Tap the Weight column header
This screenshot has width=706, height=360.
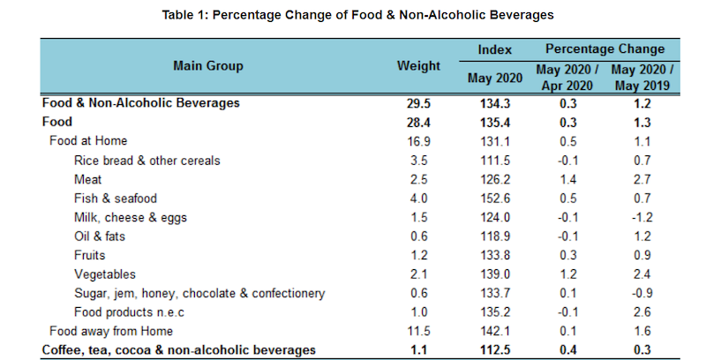tap(418, 65)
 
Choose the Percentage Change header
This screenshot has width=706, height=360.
tap(605, 49)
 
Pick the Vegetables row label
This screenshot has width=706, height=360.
tap(104, 274)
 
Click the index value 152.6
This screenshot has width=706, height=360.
tap(494, 199)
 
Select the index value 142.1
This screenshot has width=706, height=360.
tap(494, 332)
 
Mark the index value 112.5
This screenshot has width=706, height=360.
tap(494, 350)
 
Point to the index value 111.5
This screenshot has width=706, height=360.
tap(494, 161)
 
